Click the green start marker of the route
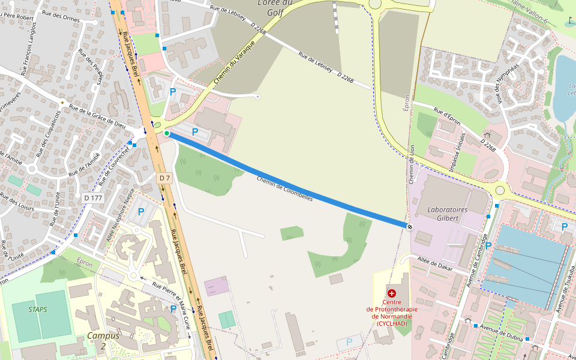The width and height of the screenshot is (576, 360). click(167, 133)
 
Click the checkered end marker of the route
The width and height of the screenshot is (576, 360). click(409, 226)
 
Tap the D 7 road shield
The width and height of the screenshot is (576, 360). click(165, 178)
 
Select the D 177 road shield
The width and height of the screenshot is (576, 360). click(94, 197)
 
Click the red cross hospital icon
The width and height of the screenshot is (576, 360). click(392, 293)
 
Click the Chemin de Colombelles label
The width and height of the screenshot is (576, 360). click(284, 188)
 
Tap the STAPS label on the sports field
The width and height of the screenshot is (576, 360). click(38, 310)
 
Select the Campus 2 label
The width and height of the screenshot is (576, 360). click(103, 340)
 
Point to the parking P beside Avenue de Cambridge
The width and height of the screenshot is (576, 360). click(488, 245)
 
